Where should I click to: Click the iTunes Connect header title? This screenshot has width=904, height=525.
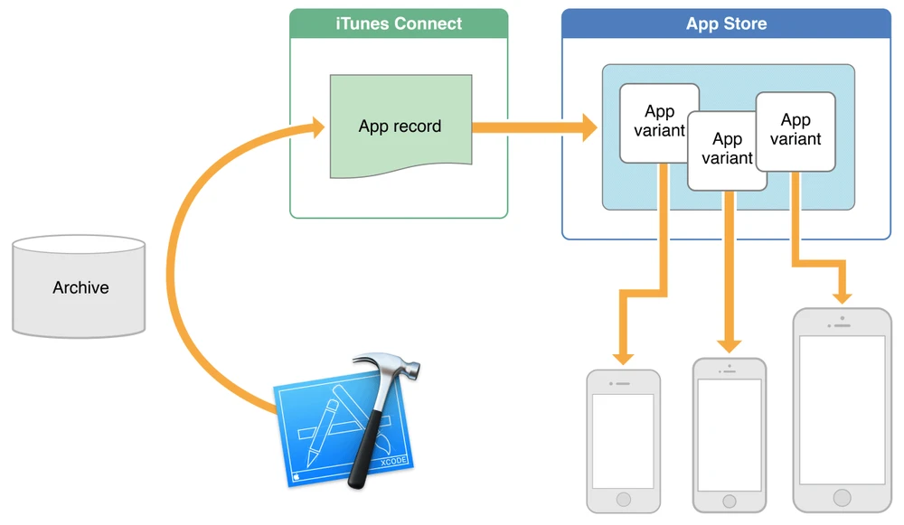pos(399,23)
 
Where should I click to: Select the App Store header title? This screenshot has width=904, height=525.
pos(726,23)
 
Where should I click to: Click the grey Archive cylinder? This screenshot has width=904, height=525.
pos(80,287)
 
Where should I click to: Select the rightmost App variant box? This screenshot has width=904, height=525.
pos(796,130)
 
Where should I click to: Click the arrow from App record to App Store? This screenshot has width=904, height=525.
pos(533,127)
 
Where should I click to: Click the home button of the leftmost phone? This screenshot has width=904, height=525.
pos(624,499)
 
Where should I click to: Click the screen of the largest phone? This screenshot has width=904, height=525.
pos(843,409)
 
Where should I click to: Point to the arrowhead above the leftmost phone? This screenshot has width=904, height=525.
pos(624,356)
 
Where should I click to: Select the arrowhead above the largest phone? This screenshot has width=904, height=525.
pos(843,296)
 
